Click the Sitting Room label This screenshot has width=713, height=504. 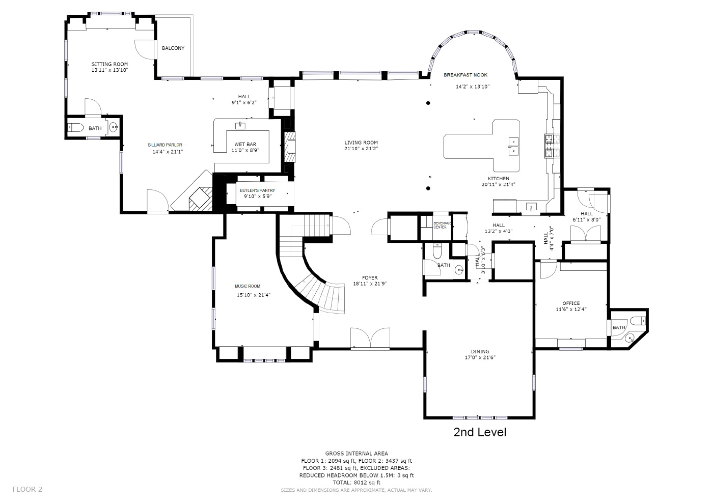point(109,64)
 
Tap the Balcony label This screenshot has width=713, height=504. point(173,48)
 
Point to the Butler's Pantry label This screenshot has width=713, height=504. point(257,190)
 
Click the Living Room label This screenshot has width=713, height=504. point(361,143)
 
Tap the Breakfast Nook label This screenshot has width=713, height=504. point(465,75)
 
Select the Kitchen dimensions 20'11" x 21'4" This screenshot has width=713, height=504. point(499,185)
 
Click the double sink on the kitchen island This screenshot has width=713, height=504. point(512,146)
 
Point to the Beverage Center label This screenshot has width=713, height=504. point(440,225)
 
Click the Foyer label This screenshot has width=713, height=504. point(370,277)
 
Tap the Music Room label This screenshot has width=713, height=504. point(248,286)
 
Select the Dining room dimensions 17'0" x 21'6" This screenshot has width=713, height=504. point(480,357)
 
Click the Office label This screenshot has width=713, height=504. point(571,303)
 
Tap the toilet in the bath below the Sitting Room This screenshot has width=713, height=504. point(76,128)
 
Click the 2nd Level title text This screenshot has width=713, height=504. point(480,433)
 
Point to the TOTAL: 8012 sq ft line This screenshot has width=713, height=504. point(356,483)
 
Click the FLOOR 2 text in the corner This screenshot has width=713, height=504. point(28,489)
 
